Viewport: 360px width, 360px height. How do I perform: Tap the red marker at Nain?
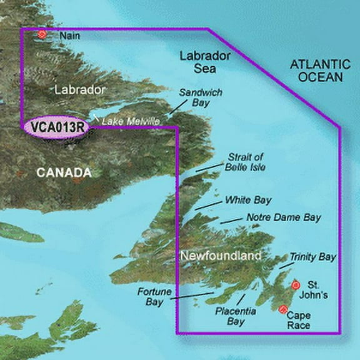[42, 34]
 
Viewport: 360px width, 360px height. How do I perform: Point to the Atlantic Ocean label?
[317, 70]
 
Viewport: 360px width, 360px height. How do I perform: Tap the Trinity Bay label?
[312, 257]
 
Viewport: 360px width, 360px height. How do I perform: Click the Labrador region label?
[79, 90]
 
